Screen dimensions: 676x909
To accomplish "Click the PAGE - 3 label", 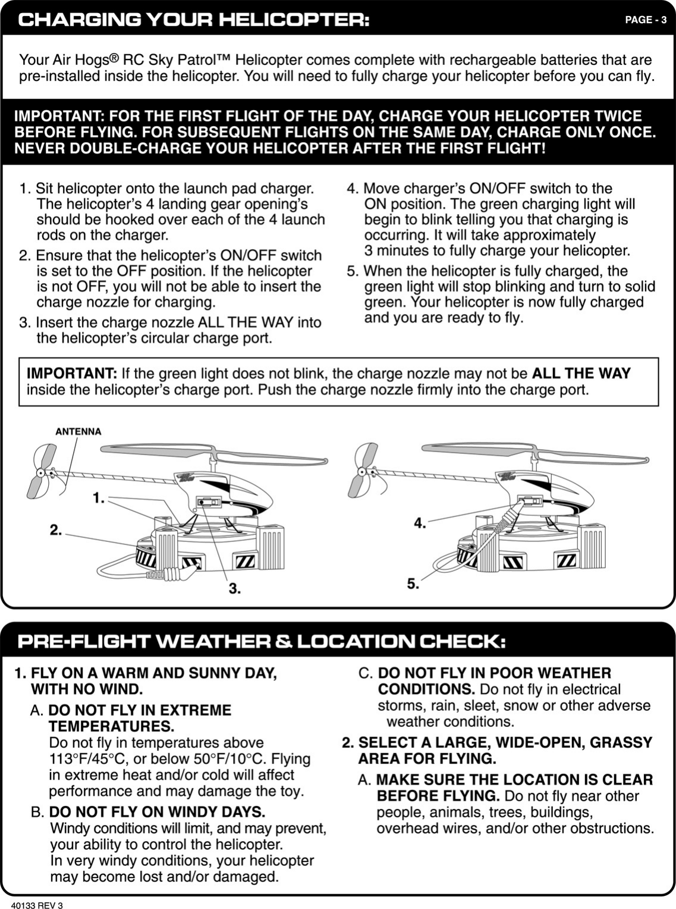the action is (646, 20).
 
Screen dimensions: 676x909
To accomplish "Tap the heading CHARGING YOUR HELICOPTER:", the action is (194, 20).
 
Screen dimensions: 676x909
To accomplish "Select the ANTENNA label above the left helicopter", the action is (78, 431).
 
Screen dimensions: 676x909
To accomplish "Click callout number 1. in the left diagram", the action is (99, 497).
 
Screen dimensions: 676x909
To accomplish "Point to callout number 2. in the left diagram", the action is (55, 529).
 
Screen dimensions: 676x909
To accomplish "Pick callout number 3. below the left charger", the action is (235, 588).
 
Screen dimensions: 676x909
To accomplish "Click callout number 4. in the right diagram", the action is (420, 523).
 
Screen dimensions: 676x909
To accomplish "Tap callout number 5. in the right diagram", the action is (413, 584).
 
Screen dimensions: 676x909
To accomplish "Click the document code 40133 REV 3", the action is (41, 905).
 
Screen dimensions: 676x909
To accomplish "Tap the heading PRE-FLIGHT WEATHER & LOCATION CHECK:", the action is (262, 642).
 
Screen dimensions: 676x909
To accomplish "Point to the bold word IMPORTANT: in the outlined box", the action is (72, 374).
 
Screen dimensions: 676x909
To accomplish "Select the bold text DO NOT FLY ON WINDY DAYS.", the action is (157, 812).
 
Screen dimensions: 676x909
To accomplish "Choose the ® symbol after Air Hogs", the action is (115, 58).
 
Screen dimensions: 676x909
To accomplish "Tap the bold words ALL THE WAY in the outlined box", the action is (581, 374).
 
